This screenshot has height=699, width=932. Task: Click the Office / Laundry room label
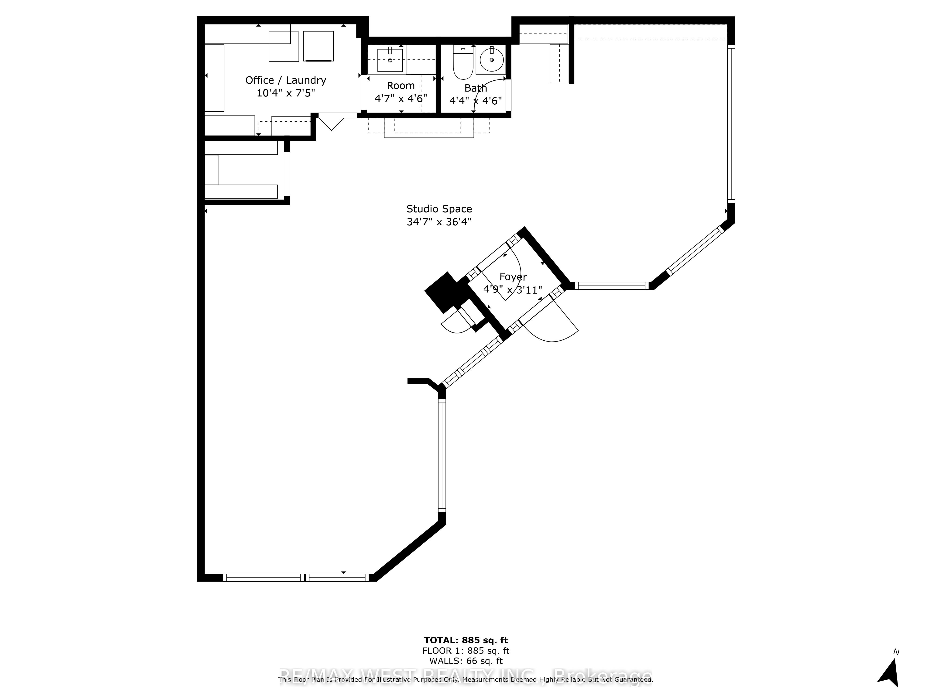tap(286, 80)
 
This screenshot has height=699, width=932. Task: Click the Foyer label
tap(513, 277)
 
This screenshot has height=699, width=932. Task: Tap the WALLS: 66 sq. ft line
tap(466, 661)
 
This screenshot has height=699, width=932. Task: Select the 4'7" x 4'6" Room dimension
tap(401, 99)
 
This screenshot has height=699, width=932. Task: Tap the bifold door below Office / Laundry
tap(332, 121)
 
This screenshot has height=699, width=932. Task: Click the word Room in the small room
tap(401, 86)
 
